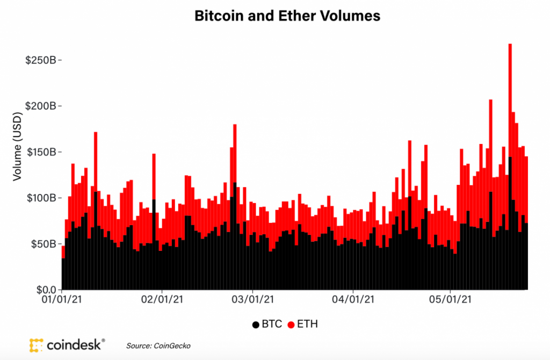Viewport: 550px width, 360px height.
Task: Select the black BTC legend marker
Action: click(x=255, y=325)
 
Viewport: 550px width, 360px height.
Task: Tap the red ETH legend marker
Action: click(x=291, y=325)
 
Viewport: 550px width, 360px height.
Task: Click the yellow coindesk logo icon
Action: click(x=36, y=345)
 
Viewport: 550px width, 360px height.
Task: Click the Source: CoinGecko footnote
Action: click(x=158, y=345)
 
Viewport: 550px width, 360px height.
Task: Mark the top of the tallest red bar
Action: click(x=510, y=45)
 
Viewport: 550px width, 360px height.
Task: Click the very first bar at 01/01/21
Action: click(x=63, y=269)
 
